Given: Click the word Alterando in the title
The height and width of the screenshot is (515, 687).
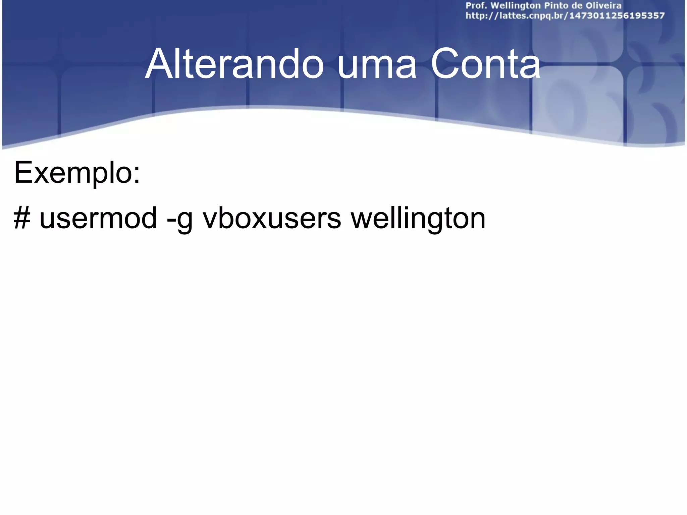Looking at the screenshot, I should click(234, 64).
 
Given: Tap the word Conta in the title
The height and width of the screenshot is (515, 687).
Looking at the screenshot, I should click(485, 64).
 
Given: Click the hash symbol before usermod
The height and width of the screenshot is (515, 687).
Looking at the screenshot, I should click(22, 218).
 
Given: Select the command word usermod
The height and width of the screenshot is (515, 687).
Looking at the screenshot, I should click(98, 218).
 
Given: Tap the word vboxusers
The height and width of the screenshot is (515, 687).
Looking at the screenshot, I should click(272, 218).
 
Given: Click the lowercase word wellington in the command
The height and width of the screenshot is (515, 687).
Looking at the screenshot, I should click(418, 218).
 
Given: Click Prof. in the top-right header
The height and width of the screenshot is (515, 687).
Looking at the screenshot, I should click(476, 6).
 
